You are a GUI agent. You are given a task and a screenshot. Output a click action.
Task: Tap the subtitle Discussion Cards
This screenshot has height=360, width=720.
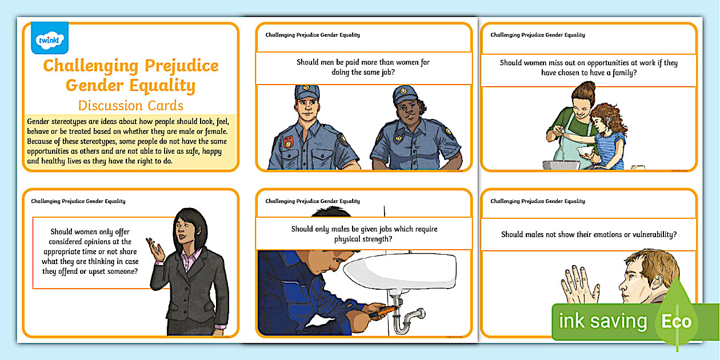[131, 105]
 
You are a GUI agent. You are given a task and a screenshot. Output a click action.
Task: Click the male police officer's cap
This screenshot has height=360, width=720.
[307, 93]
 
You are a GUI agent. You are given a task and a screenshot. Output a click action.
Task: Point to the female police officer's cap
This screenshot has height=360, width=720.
[405, 94]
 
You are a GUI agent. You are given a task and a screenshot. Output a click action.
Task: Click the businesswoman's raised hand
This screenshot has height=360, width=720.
[156, 247]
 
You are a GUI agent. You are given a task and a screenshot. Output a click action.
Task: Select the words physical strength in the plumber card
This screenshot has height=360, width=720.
[363, 239]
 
